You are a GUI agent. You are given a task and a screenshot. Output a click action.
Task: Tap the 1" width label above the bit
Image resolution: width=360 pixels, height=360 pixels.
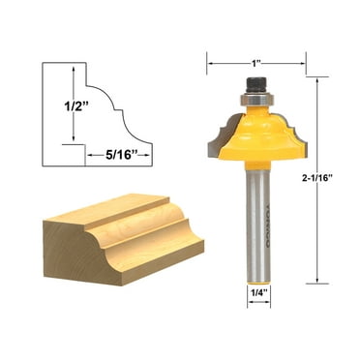coord(255,64)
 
